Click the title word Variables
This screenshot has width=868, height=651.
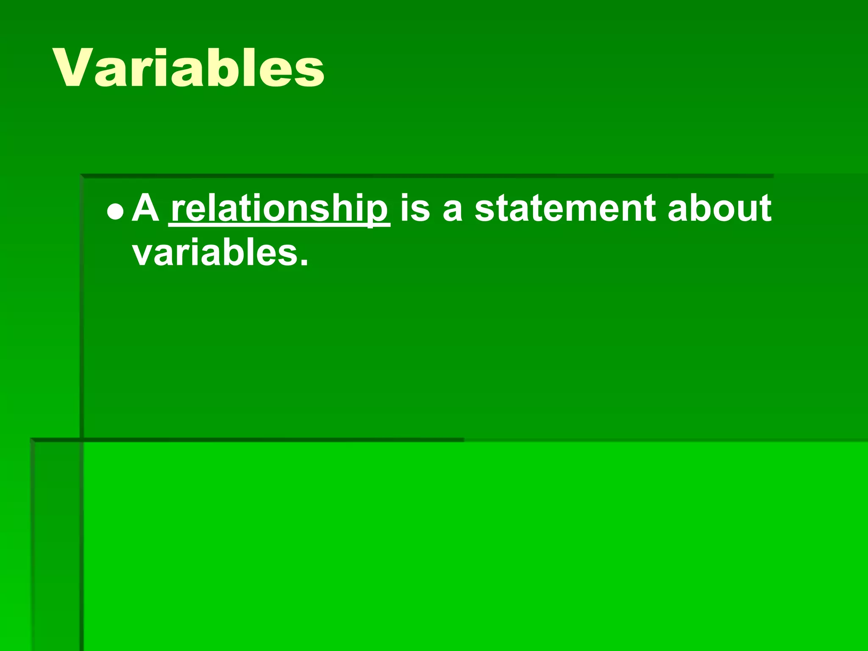point(189,68)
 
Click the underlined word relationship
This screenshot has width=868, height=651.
point(279,209)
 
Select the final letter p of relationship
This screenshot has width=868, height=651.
point(378,212)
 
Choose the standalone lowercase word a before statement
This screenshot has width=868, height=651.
point(452,210)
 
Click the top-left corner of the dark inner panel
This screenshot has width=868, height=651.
point(81,175)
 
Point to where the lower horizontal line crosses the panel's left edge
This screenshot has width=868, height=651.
point(81,440)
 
